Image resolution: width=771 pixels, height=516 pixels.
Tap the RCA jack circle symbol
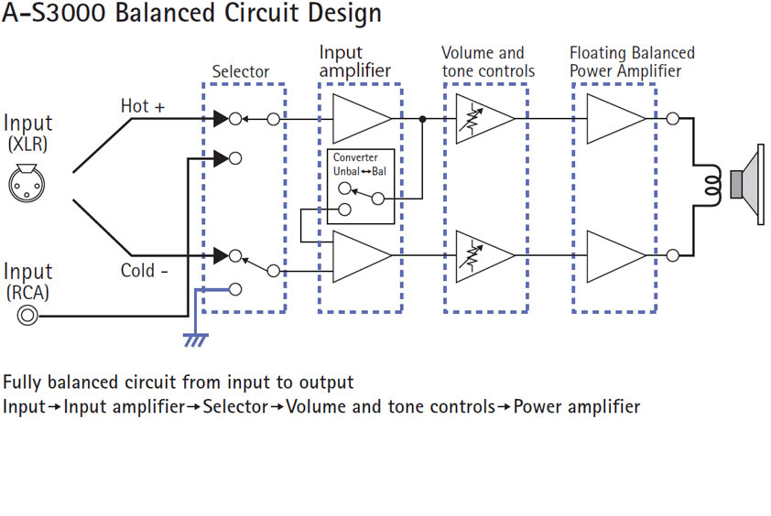click(x=27, y=316)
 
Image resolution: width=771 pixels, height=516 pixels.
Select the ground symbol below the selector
click(x=194, y=339)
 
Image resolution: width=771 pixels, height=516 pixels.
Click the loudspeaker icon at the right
click(x=751, y=185)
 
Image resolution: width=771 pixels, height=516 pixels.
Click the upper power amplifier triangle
click(x=616, y=119)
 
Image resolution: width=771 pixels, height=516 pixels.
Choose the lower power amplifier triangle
click(x=616, y=255)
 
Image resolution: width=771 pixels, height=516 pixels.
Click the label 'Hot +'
click(x=143, y=107)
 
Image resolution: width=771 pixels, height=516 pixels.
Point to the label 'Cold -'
click(x=143, y=271)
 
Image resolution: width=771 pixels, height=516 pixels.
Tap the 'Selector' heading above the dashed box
click(x=241, y=71)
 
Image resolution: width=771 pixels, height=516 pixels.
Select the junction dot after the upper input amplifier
click(x=422, y=119)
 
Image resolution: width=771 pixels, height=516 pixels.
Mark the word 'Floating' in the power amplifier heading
click(x=599, y=53)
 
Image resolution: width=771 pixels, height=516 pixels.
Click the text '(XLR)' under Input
click(x=27, y=145)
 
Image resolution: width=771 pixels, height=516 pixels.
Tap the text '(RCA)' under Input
click(x=27, y=293)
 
